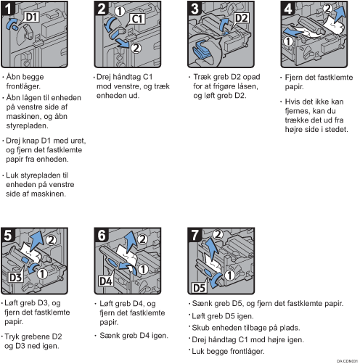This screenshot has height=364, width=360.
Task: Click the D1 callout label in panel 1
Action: [x=33, y=17]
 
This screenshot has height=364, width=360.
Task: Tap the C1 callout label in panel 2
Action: [x=138, y=19]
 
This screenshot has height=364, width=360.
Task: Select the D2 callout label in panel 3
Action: [x=242, y=18]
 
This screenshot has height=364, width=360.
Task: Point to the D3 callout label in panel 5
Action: [x=15, y=277]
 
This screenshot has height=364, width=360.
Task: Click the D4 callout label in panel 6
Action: [x=106, y=281]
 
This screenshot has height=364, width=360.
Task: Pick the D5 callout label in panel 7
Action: [x=199, y=288]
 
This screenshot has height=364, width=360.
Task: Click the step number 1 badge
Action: [x=8, y=9]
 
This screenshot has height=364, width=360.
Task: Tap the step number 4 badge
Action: [x=287, y=9]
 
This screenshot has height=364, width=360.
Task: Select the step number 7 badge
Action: [x=195, y=235]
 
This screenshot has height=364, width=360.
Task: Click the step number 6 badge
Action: [x=102, y=235]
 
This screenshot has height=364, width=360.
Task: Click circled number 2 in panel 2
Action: [x=136, y=48]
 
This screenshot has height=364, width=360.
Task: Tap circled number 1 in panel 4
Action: [x=288, y=41]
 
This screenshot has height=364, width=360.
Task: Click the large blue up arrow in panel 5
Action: [x=37, y=241]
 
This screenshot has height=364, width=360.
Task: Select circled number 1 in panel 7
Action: [x=229, y=275]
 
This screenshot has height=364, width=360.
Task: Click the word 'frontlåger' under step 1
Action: [x=23, y=86]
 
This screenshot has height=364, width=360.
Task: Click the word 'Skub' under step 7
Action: [x=200, y=328]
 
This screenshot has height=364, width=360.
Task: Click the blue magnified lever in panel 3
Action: [x=202, y=50]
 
